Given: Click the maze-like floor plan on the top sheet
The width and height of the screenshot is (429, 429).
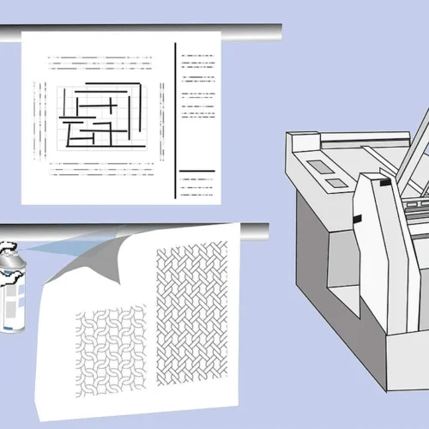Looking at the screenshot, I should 100,115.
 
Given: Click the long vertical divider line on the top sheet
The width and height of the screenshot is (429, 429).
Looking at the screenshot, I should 175,120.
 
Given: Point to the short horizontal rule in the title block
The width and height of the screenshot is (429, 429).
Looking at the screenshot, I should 196,171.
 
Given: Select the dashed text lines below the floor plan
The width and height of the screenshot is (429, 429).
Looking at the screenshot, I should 100,170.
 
